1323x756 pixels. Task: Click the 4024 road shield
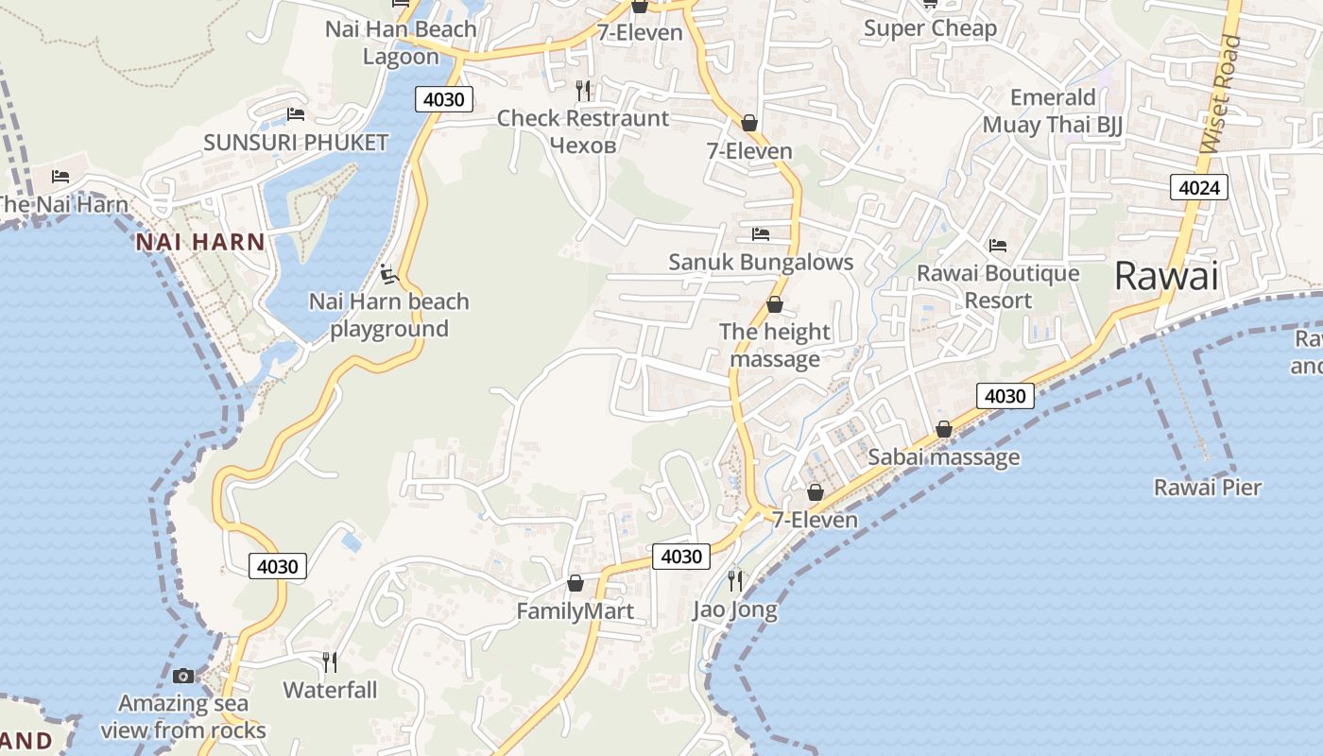pyautogui.click(x=1199, y=187)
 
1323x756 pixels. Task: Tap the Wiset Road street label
pyautogui.click(x=1220, y=94)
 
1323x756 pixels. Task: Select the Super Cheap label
pyautogui.click(x=930, y=28)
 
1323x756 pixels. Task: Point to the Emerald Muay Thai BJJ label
pyautogui.click(x=1053, y=112)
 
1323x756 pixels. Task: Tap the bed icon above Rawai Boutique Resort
pyautogui.click(x=998, y=246)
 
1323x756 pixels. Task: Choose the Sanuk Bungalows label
pyautogui.click(x=761, y=262)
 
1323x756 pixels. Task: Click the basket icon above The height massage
pyautogui.click(x=775, y=304)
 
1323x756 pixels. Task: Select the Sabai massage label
pyautogui.click(x=943, y=457)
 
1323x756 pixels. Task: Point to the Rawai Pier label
pyautogui.click(x=1208, y=488)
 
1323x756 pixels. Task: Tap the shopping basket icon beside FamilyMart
pyautogui.click(x=575, y=583)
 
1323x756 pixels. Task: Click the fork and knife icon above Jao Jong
pyautogui.click(x=735, y=580)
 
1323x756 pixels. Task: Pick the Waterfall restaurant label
pyautogui.click(x=330, y=690)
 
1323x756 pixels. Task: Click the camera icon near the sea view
pyautogui.click(x=183, y=676)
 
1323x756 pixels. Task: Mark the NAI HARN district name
pyautogui.click(x=200, y=242)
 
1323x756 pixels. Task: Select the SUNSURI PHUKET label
pyautogui.click(x=296, y=143)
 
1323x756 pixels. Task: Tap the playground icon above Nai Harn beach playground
pyautogui.click(x=388, y=274)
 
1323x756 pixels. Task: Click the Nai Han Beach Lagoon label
pyautogui.click(x=401, y=43)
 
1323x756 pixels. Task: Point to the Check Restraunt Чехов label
pyautogui.click(x=583, y=131)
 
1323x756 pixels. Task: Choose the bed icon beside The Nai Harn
pyautogui.click(x=60, y=176)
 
